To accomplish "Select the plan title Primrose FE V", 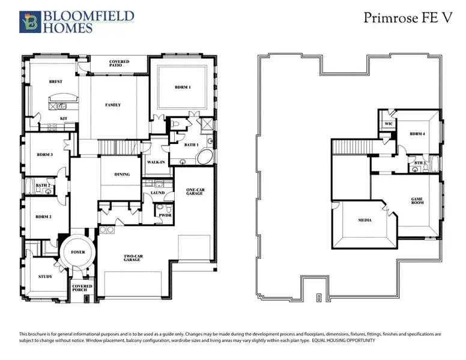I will coord(407,18).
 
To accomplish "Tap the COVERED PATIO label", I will coord(119,64).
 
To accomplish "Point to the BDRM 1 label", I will coord(183,88).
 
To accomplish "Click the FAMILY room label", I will coord(113,105).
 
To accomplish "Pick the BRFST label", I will coord(56,82).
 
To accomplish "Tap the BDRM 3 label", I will coord(45,155).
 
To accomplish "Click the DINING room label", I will coord(122,175).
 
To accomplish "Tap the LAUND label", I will coord(157,193).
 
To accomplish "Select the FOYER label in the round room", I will coord(77,253).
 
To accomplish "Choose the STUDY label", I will coord(44,277).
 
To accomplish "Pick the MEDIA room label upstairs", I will coord(365,220).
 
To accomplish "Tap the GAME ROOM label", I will coord(417,201).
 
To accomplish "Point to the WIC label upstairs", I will coord(388,124).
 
